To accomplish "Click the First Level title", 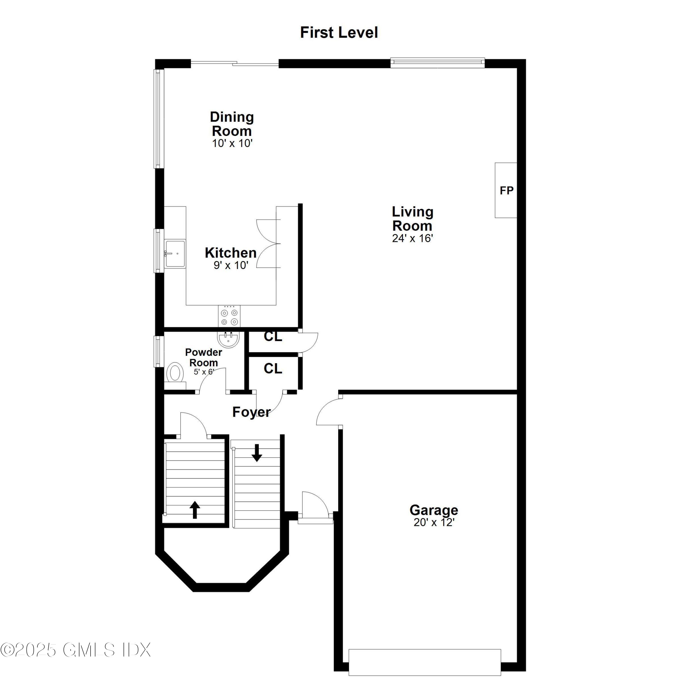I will click(339, 32).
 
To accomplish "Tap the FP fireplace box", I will click(506, 190).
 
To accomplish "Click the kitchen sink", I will click(175, 253).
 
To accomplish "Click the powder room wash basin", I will click(228, 339).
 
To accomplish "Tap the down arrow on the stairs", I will click(257, 453).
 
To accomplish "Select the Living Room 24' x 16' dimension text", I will click(412, 239).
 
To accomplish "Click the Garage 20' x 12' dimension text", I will click(434, 522).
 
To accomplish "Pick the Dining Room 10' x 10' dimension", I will click(232, 143).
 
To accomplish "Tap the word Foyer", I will click(251, 412).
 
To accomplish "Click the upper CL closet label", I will click(273, 337).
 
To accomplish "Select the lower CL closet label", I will click(273, 369).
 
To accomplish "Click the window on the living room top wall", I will click(437, 63).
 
